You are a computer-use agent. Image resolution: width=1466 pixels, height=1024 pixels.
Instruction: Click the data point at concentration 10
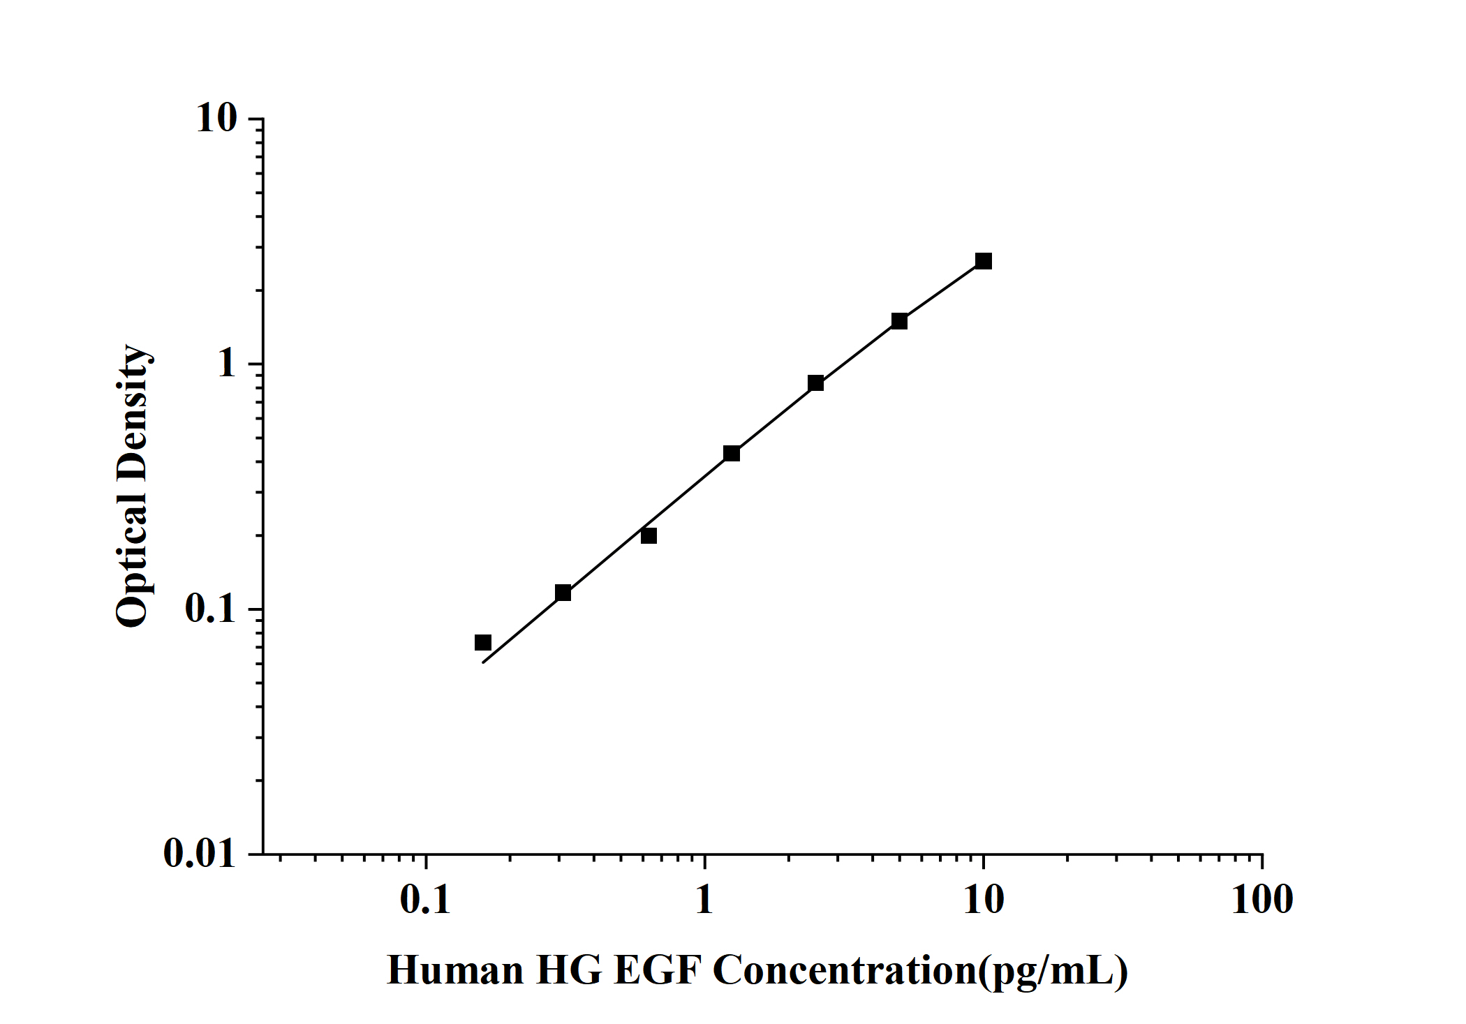pyautogui.click(x=983, y=261)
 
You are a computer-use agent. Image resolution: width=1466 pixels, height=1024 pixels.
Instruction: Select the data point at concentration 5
pyautogui.click(x=899, y=321)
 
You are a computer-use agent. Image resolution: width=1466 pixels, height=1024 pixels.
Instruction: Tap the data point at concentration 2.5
pyautogui.click(x=815, y=383)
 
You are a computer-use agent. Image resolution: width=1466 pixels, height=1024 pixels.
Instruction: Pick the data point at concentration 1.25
pyautogui.click(x=732, y=453)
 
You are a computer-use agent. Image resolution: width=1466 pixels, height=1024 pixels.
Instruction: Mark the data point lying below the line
pyautogui.click(x=649, y=535)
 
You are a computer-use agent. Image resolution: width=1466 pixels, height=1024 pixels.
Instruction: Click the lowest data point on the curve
pyautogui.click(x=483, y=642)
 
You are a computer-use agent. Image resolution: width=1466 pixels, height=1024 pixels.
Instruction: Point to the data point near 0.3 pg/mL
pyautogui.click(x=563, y=593)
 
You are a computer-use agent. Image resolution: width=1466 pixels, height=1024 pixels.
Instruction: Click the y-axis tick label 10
pyautogui.click(x=216, y=119)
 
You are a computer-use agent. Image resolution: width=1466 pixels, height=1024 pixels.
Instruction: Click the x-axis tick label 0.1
pyautogui.click(x=425, y=899)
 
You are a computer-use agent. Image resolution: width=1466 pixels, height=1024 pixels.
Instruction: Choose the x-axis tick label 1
pyautogui.click(x=704, y=899)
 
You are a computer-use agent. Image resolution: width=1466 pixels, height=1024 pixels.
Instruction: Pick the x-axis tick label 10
pyautogui.click(x=983, y=899)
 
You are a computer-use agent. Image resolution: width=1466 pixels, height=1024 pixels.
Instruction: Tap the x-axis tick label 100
pyautogui.click(x=1262, y=899)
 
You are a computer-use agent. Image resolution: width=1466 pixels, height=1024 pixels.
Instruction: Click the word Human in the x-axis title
pyautogui.click(x=455, y=970)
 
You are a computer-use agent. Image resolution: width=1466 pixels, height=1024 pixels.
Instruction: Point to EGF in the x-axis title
pyautogui.click(x=656, y=970)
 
